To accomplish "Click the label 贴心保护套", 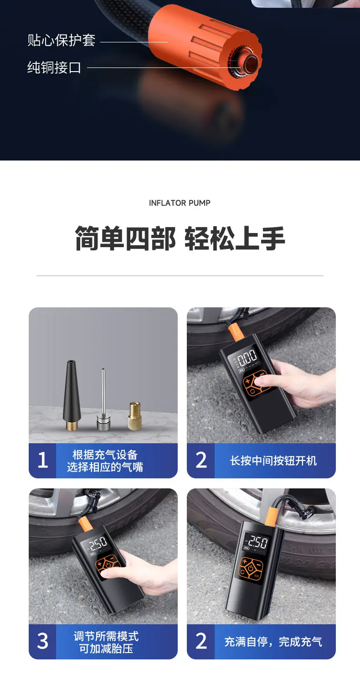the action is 62,40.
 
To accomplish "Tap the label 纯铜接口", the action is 54,67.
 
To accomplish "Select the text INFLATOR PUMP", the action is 180,203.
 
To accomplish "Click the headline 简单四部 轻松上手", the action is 180,238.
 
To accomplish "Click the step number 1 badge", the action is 43,460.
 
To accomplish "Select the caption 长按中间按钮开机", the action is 273,461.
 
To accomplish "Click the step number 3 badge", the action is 43,641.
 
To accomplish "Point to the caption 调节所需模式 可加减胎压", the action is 106,642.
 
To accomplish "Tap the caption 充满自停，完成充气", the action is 273,642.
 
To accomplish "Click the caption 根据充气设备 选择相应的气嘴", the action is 105,461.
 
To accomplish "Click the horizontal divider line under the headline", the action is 180,275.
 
